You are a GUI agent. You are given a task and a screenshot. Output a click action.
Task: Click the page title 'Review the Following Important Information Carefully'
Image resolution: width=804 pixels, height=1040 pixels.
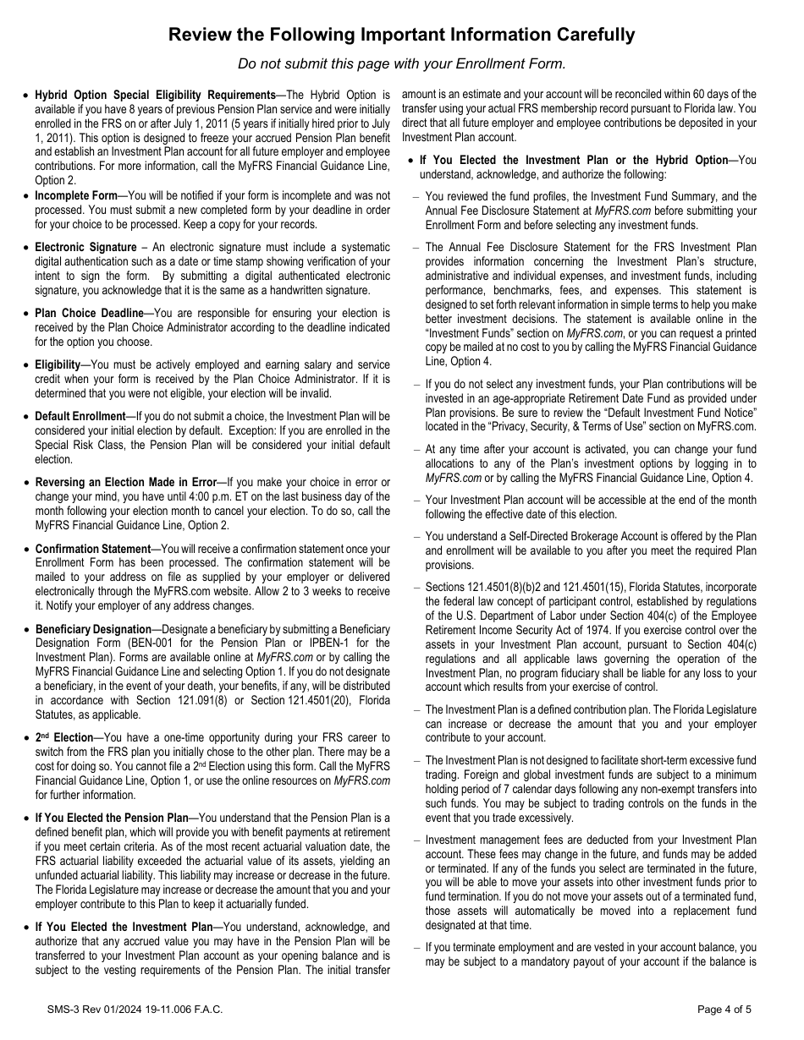click(x=401, y=35)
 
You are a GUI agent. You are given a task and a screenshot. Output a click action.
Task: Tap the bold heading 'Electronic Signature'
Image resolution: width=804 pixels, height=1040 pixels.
click(x=85, y=247)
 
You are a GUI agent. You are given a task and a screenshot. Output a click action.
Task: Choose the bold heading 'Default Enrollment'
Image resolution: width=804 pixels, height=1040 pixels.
click(x=80, y=416)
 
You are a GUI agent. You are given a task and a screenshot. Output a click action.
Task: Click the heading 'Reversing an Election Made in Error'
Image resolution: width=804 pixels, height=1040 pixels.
click(x=125, y=482)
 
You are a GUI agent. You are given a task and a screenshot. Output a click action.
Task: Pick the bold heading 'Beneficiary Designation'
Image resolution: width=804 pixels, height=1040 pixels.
click(x=93, y=629)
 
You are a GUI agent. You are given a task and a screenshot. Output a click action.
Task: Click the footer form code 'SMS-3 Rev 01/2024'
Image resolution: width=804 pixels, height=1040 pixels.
click(x=82, y=1009)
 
